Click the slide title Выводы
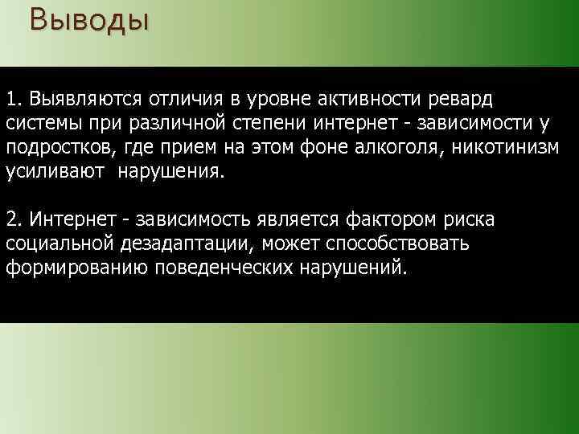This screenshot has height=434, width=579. [x=88, y=18]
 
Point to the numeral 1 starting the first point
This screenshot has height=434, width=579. [x=10, y=98]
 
